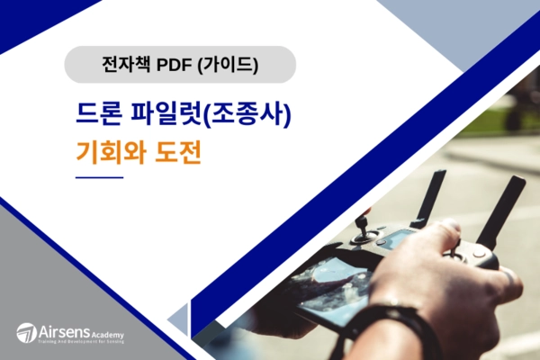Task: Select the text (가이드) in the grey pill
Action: tap(229, 65)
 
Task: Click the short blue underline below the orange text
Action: tap(99, 178)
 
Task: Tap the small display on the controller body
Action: tap(397, 239)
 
